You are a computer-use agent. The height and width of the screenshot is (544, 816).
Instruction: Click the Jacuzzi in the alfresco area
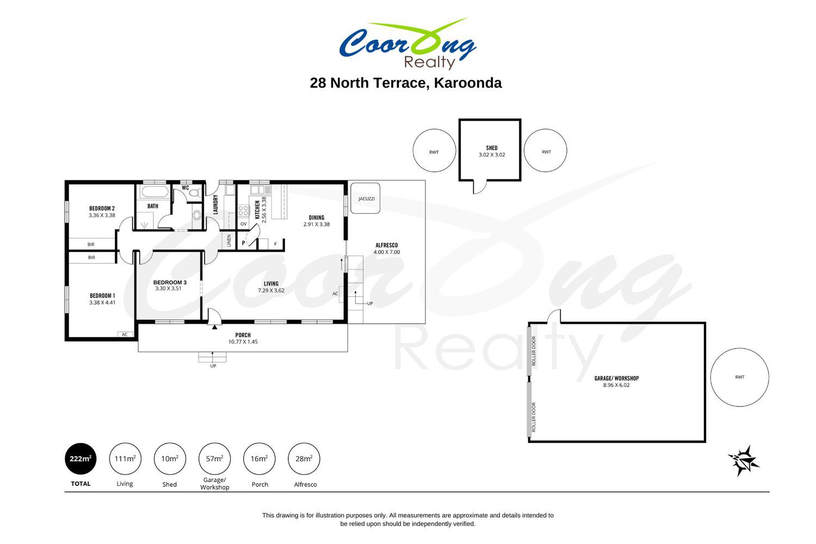[366, 198]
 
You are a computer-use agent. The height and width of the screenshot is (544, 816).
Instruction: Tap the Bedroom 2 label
[102, 208]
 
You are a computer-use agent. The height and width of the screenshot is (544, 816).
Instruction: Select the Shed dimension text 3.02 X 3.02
[492, 154]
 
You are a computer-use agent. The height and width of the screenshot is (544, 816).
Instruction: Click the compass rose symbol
[744, 461]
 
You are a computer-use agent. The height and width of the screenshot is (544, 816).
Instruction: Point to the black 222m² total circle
[81, 459]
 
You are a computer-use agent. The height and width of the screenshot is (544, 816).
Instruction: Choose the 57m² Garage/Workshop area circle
[214, 459]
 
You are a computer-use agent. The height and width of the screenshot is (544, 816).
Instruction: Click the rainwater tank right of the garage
[739, 377]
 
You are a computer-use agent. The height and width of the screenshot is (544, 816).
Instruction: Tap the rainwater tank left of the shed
[434, 151]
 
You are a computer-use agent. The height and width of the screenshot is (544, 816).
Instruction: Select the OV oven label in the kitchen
[243, 224]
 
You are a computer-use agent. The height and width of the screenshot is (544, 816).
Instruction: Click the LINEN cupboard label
[229, 240]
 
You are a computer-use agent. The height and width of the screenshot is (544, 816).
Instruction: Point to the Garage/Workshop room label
[616, 378]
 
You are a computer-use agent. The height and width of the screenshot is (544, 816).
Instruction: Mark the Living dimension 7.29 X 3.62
[271, 290]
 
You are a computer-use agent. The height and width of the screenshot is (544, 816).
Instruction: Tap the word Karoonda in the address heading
[468, 83]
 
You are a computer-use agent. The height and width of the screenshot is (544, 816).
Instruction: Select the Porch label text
[243, 335]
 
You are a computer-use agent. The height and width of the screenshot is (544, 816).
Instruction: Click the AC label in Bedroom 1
[125, 335]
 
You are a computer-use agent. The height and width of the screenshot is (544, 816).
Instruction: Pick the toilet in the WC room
[195, 193]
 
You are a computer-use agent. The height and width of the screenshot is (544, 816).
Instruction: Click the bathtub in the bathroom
[155, 191]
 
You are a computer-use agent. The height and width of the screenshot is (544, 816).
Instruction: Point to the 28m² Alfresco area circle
[304, 459]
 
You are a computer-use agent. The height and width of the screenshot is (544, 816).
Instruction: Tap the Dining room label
[316, 218]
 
